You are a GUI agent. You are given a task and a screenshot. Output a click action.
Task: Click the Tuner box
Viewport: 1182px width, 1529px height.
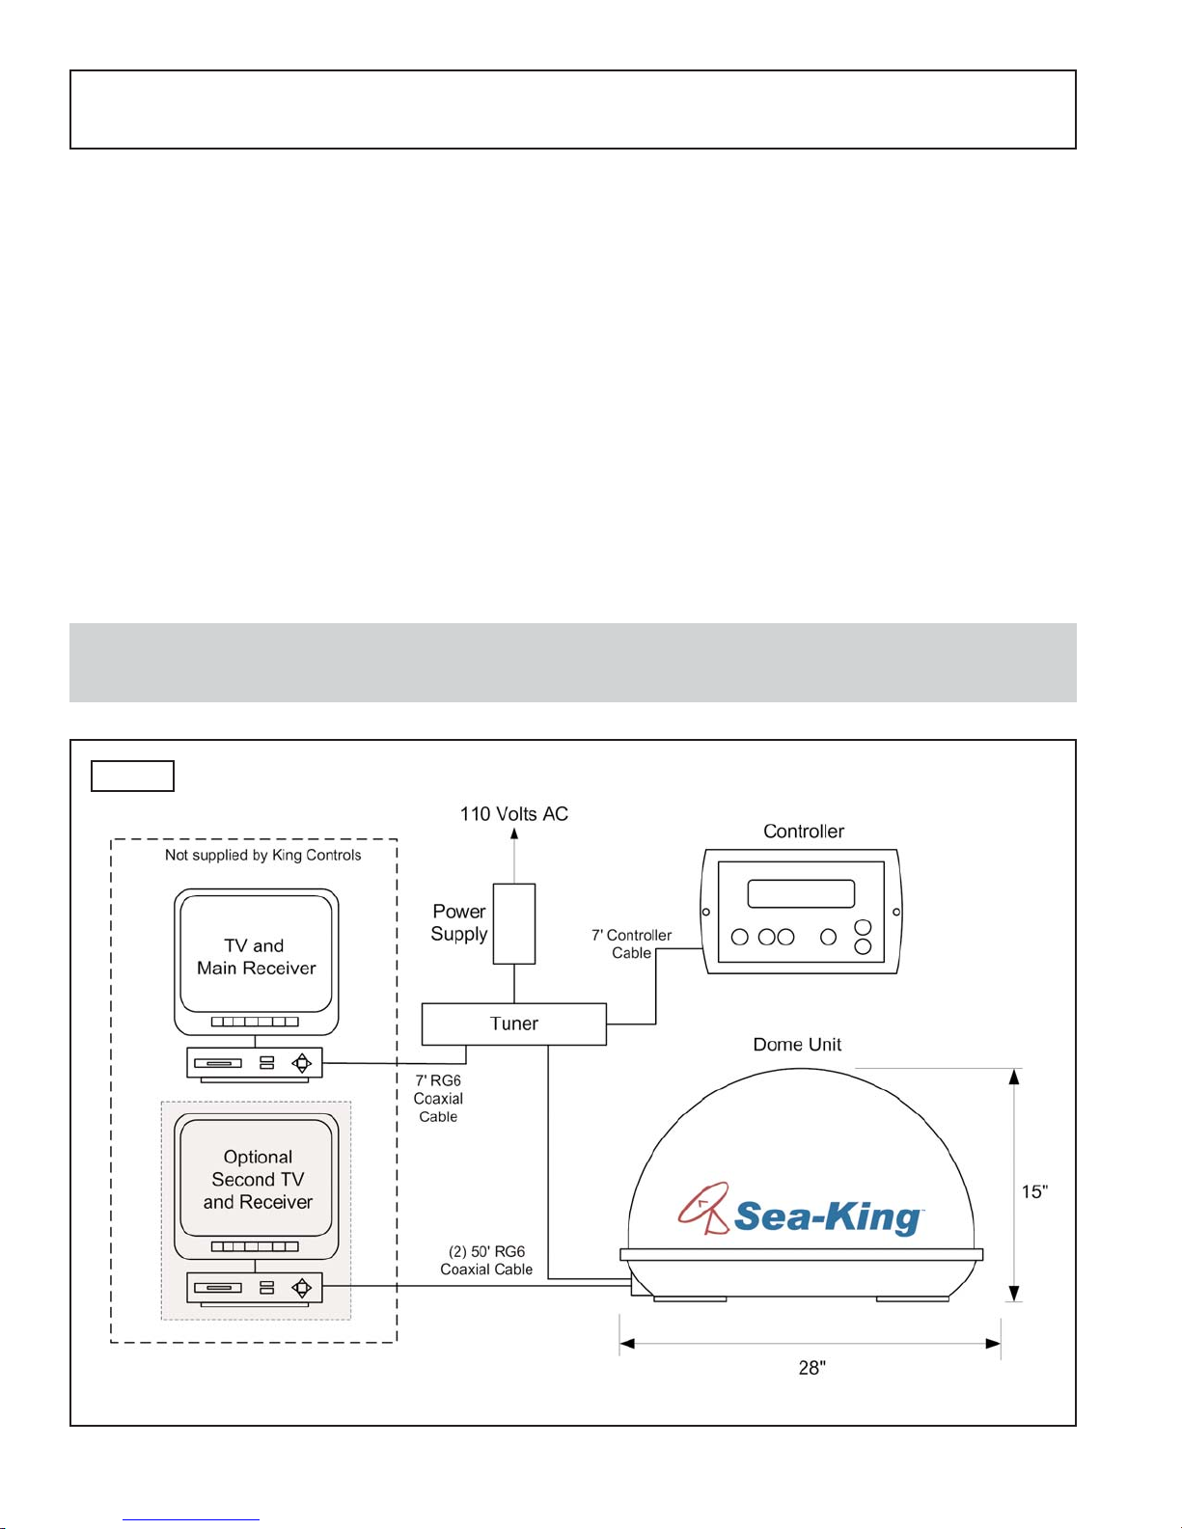(513, 1024)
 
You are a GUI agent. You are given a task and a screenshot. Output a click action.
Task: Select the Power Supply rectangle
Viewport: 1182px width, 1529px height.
(513, 924)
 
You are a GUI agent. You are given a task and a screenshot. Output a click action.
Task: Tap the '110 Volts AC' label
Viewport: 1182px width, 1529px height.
(513, 814)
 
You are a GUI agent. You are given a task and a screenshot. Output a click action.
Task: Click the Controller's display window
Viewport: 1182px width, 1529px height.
(801, 893)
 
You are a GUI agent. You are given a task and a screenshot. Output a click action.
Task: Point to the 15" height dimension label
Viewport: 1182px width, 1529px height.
(1034, 1191)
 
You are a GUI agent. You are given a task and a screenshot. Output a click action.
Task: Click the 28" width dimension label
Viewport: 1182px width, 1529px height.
(811, 1367)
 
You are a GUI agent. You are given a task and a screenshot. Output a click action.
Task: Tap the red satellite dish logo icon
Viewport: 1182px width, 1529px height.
(702, 1208)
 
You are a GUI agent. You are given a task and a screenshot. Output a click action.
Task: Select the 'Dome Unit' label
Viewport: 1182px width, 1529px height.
(797, 1045)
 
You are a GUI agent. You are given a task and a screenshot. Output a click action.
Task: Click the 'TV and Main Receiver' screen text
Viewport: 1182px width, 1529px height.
(256, 957)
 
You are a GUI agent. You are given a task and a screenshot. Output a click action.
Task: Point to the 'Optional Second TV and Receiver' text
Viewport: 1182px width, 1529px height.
(258, 1179)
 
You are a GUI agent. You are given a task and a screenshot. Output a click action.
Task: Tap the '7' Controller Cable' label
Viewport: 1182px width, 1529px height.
(631, 943)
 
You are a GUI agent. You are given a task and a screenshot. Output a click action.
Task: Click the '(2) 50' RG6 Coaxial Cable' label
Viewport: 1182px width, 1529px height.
(486, 1260)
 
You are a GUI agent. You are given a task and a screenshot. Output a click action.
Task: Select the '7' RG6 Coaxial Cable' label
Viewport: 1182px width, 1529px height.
(438, 1099)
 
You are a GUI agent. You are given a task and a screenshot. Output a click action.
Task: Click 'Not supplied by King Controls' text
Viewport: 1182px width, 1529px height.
(263, 855)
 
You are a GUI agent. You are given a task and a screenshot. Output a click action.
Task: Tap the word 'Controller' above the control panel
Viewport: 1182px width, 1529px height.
(804, 831)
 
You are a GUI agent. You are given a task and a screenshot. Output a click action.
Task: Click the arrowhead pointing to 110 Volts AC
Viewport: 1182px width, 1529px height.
(514, 833)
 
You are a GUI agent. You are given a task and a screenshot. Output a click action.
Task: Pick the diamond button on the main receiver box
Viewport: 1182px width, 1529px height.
(302, 1062)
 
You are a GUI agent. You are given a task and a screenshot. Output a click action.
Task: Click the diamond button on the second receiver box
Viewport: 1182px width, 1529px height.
(302, 1288)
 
